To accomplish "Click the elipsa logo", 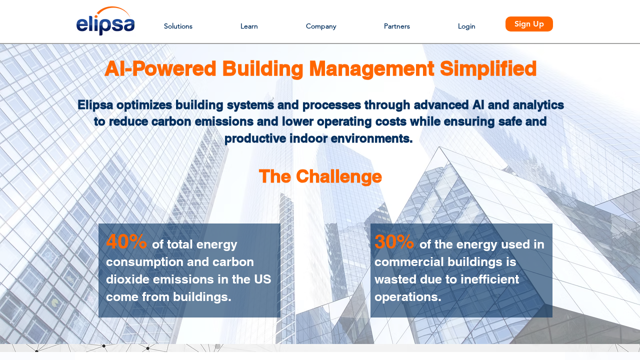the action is click(105, 21).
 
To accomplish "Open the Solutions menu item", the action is click(178, 26).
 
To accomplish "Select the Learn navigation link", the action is click(249, 26).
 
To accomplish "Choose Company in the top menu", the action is click(321, 26).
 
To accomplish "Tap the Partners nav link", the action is click(396, 26).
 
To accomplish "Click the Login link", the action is click(466, 26).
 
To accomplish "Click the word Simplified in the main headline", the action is click(488, 69).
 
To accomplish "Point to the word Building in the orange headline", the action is click(262, 69).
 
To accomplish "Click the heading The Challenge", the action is click(320, 176).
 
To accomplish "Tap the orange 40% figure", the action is click(126, 241).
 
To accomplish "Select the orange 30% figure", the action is click(394, 241).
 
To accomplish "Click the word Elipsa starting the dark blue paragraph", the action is click(95, 105).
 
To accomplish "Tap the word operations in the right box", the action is click(407, 297).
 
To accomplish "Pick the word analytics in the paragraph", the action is click(538, 105).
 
